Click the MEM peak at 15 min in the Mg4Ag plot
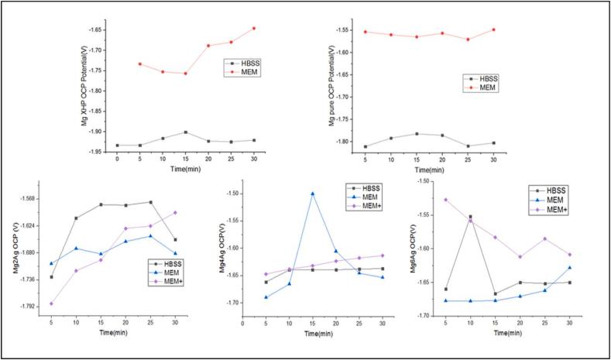312,194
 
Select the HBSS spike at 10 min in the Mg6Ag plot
470,217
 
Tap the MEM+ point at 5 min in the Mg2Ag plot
51,303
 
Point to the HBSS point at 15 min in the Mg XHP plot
185,132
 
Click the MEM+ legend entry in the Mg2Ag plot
165,282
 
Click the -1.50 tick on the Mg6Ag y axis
424,181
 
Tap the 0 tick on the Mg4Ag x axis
243,323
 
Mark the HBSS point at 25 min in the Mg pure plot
468,146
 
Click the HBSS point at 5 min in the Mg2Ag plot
51,277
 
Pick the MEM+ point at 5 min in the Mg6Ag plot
445,200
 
